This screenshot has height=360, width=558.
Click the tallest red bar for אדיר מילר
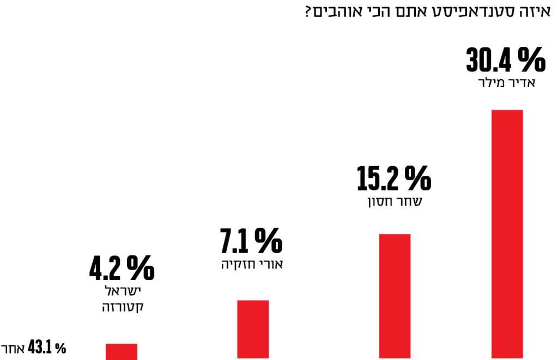coord(507,234)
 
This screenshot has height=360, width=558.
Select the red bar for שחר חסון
coord(394,296)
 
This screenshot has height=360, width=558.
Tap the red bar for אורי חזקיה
coord(253,330)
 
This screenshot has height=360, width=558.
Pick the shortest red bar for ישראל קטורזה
coord(121,351)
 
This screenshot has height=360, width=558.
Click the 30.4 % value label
coord(505,60)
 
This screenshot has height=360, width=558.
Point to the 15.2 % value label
coord(393,179)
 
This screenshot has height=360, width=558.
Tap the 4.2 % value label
coord(122,269)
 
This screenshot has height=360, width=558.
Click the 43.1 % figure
coord(46,348)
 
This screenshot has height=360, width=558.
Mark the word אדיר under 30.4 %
coord(521,83)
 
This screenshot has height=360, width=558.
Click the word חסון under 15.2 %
coord(378,202)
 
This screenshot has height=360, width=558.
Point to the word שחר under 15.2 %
coord(410,202)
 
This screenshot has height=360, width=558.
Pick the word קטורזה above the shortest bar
coord(123,307)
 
